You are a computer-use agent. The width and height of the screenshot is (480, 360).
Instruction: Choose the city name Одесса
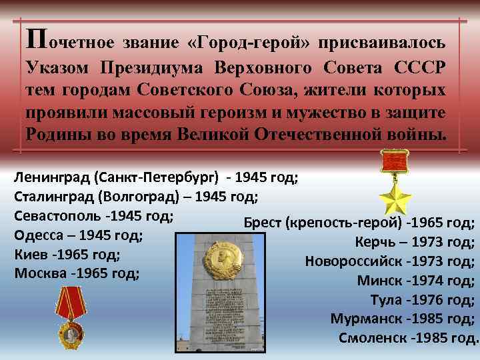[37, 235]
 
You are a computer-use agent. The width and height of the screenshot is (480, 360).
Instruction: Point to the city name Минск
[378, 280]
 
